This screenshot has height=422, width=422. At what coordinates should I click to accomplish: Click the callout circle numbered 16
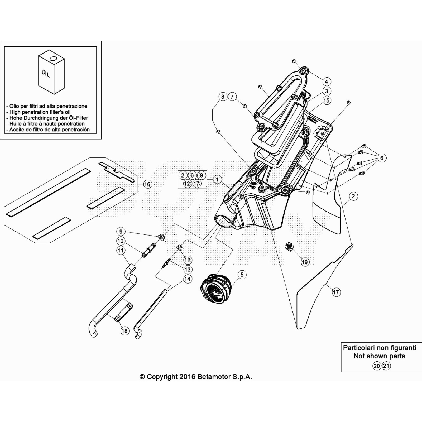point(147,184)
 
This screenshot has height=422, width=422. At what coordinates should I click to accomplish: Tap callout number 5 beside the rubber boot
point(242,275)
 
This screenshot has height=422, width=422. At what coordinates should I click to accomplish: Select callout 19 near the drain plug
point(305,262)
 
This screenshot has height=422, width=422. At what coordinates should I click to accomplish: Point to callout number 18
point(124,331)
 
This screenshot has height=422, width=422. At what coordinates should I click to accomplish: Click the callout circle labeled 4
point(326,81)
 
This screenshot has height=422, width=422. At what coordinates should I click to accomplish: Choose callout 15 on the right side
point(327,100)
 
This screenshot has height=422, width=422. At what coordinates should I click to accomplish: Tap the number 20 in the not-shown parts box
point(377,366)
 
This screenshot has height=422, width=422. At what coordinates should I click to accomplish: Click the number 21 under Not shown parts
point(386,366)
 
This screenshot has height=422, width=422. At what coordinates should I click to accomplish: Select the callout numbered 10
point(121,241)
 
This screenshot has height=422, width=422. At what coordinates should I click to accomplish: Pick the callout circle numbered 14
point(187,279)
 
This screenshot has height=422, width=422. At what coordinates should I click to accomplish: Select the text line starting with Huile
point(47,124)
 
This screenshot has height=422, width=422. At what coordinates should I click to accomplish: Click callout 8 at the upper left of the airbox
point(223,97)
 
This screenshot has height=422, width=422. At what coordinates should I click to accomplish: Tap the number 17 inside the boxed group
point(196,184)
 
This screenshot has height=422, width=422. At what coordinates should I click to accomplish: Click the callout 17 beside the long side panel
point(336,292)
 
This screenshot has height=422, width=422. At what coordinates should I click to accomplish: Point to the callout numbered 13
point(188,270)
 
